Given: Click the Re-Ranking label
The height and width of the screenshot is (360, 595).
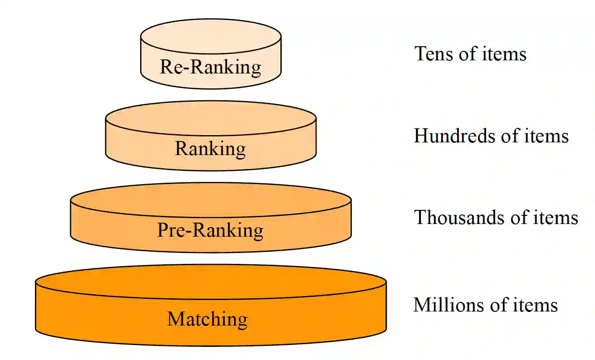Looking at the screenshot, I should point(210,67).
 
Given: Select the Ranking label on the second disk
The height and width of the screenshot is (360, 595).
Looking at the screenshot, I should point(210,149).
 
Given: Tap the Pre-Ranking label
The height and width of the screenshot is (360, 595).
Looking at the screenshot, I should point(210,230).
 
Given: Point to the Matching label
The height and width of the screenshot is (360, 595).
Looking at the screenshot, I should point(208,319).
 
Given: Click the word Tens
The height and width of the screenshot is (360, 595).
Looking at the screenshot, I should point(433,54).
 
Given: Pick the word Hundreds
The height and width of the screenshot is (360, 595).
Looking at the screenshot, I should point(450,136).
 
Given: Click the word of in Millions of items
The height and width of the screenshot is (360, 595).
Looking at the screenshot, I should point(492,305).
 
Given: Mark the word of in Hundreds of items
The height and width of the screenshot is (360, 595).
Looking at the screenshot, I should point(502,136).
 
